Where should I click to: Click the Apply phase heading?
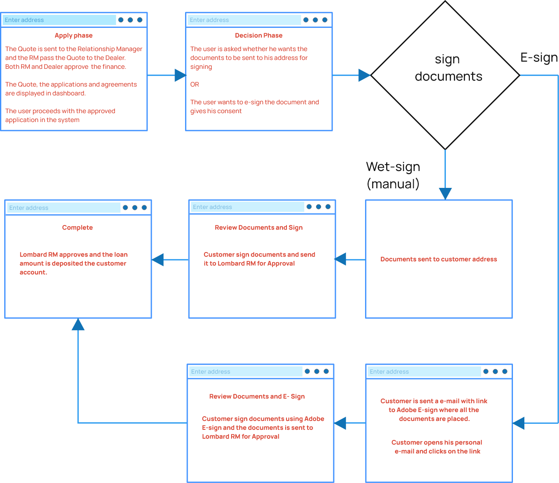tap(74, 35)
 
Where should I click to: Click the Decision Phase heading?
tap(259, 35)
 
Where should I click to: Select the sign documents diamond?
tap(445, 75)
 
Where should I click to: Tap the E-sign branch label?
tap(539, 57)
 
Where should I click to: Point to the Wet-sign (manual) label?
tap(393, 175)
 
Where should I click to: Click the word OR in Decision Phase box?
tap(194, 84)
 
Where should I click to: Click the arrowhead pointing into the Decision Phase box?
tap(180, 75)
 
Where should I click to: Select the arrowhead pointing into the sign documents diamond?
tap(364, 75)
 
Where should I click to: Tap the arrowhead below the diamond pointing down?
tap(445, 193)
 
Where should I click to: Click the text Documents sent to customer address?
tap(439, 259)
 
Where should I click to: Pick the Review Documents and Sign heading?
tap(259, 228)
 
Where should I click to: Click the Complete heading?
tap(77, 228)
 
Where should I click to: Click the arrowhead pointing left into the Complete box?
tap(158, 260)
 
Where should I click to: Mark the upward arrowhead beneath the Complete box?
tap(78, 325)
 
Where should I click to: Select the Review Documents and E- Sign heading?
tap(257, 396)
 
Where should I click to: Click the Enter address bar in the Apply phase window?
tap(59, 20)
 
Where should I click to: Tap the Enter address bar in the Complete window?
tap(63, 208)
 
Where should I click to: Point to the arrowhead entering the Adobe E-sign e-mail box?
tap(519, 423)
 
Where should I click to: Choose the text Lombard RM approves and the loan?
tap(74, 255)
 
